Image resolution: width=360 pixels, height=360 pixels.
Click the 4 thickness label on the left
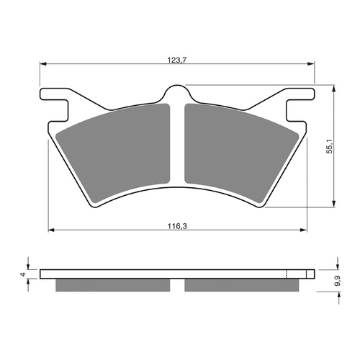23,274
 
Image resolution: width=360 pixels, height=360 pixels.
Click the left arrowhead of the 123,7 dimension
42,64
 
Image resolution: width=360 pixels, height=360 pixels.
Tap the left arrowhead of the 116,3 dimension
51,231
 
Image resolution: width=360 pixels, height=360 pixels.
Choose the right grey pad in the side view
241,285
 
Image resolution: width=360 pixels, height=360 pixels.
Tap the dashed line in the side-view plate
287,274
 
